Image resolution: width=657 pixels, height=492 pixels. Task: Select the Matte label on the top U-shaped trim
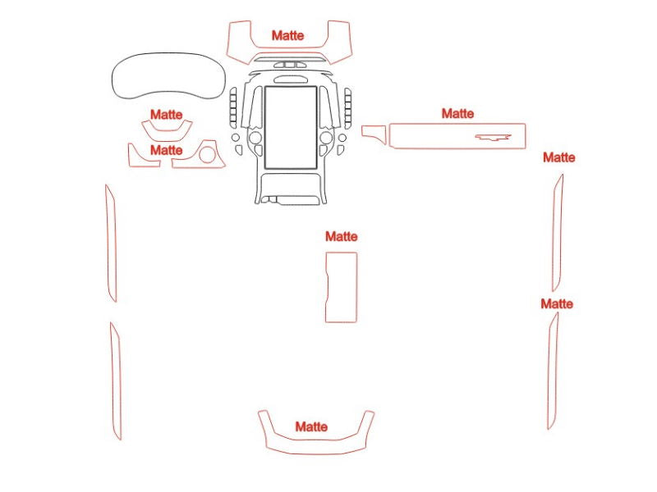pos(288,35)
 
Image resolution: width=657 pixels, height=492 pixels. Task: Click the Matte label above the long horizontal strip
pos(458,113)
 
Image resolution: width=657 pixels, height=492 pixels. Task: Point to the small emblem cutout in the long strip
pos(494,137)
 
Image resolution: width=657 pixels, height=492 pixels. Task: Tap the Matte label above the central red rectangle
pos(342,236)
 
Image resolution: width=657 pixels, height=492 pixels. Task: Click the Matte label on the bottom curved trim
pos(311,426)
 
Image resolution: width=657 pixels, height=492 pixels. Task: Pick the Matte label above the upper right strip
pos(559,157)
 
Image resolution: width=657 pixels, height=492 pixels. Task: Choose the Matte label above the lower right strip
pos(557,303)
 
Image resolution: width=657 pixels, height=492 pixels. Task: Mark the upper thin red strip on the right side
pos(558,232)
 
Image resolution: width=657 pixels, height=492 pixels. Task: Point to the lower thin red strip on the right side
pos(553,371)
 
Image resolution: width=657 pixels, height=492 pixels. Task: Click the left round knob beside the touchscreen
pos(255,137)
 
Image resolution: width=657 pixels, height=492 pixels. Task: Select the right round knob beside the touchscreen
pos(326,137)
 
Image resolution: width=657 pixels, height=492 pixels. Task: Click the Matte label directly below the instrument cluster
pos(167,114)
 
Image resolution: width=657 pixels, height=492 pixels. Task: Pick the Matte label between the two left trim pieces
pos(167,150)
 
